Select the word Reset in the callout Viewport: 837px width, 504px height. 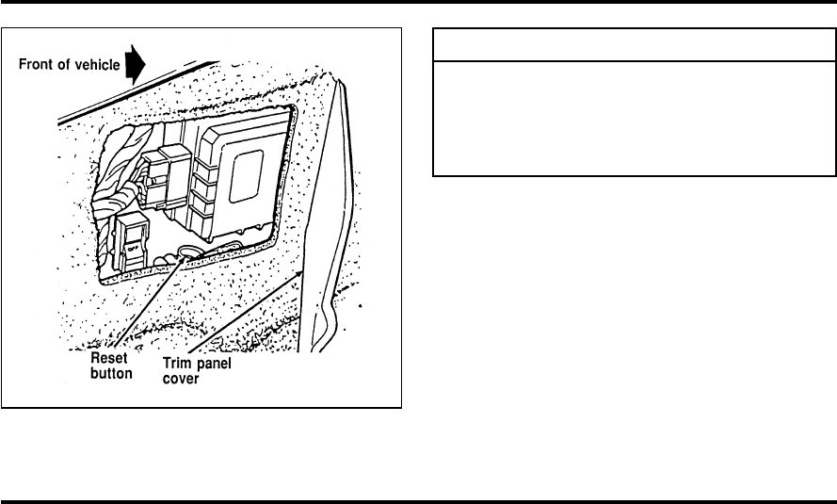click(109, 359)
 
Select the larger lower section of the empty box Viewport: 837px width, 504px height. click(635, 118)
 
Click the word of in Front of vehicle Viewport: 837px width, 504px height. click(64, 65)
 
